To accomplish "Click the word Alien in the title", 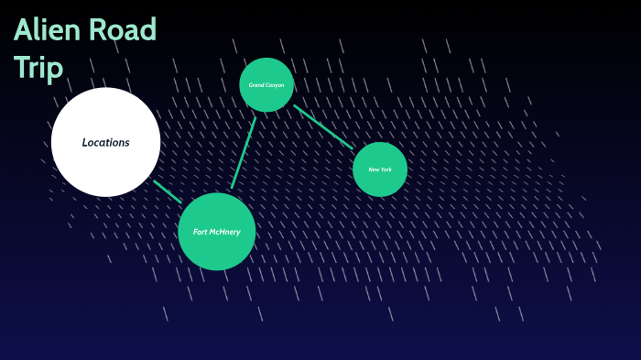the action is click(x=46, y=30).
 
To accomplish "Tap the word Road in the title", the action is click(x=122, y=30).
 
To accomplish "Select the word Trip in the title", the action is click(x=38, y=67).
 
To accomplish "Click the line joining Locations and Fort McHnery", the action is click(x=168, y=191).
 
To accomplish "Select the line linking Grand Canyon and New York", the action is click(x=323, y=126).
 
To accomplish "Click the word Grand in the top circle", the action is click(x=257, y=85).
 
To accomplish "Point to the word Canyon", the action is click(x=275, y=85).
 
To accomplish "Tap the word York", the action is click(x=386, y=169).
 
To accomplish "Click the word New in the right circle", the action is click(x=374, y=169).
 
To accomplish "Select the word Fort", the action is click(x=201, y=232).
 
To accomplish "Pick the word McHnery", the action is click(x=225, y=232).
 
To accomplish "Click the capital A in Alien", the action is click(x=23, y=30).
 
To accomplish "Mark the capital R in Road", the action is click(x=97, y=30).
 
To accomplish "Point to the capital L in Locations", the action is click(x=85, y=142).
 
